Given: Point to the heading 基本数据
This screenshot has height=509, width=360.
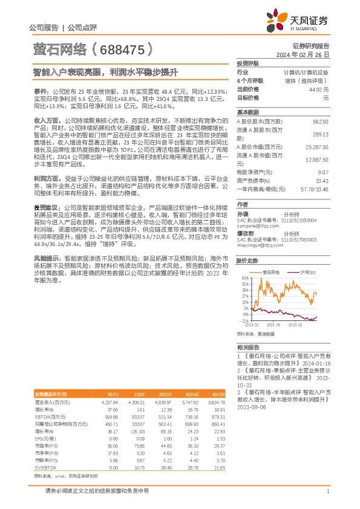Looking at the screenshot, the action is tap(247, 112).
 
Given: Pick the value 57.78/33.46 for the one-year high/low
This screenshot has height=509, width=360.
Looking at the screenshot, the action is tap(315, 189).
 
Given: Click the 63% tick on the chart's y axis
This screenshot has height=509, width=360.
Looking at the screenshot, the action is tap(246, 277).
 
